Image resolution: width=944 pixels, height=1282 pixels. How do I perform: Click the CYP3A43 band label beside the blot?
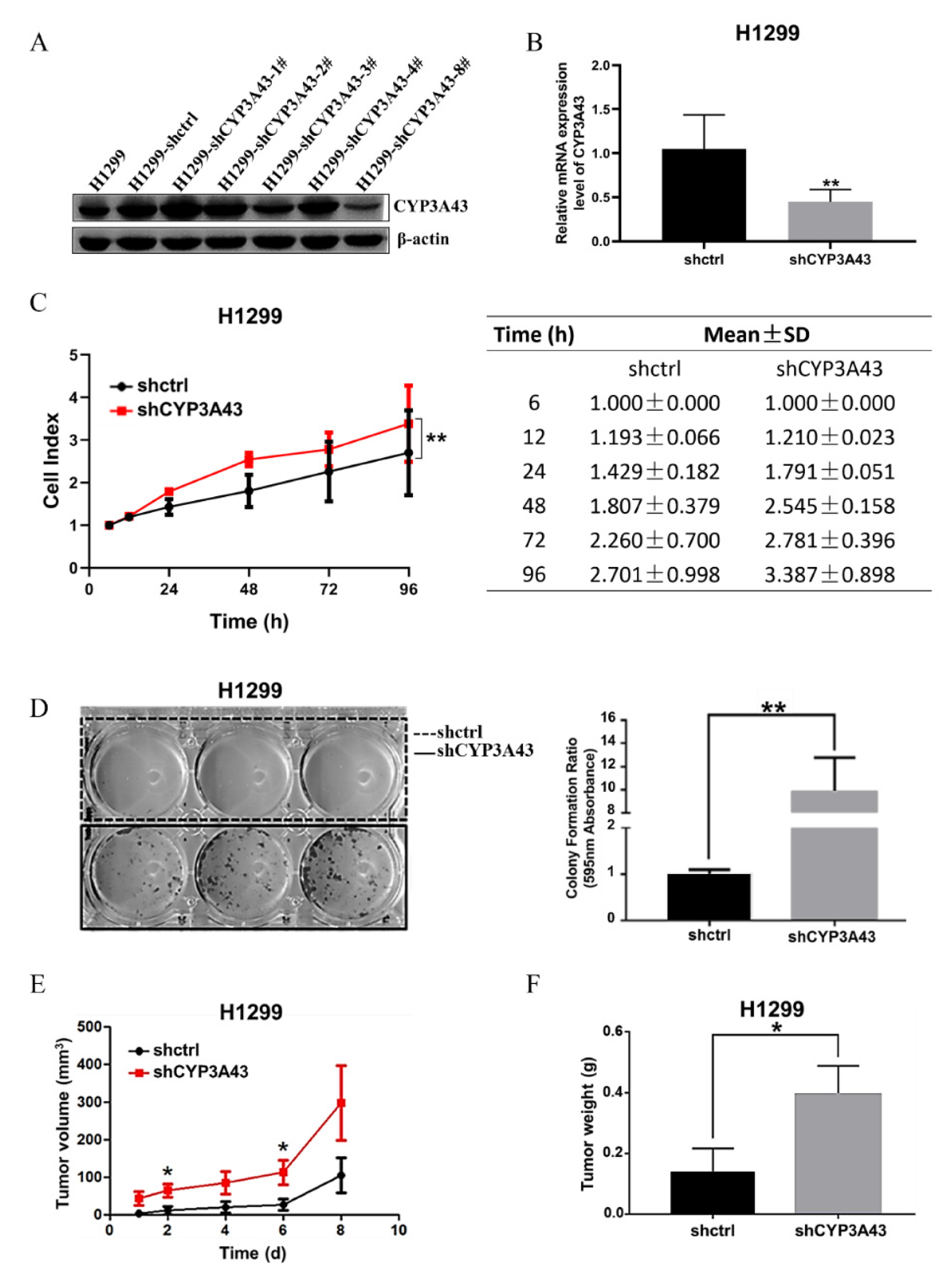pyautogui.click(x=430, y=206)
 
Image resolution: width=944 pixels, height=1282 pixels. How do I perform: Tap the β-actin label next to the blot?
pyautogui.click(x=423, y=240)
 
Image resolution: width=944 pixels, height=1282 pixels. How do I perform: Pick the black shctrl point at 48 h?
pyautogui.click(x=249, y=491)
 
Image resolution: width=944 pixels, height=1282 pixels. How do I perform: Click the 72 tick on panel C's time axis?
pyautogui.click(x=329, y=589)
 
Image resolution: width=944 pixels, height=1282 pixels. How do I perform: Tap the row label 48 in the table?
pyautogui.click(x=534, y=506)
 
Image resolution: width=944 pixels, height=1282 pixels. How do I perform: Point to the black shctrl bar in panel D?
pyautogui.click(x=709, y=896)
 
